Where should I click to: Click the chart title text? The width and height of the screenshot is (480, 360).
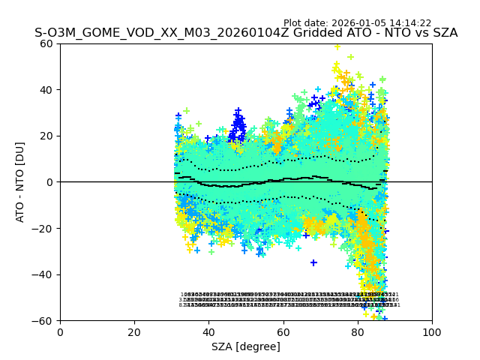pos(246,33)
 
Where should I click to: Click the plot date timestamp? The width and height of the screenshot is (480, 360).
pos(367,23)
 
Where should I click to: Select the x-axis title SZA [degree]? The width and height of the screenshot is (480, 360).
pos(246,346)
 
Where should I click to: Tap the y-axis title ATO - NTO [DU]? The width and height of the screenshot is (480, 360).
pos(20,182)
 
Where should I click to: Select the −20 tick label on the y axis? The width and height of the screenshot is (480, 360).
pos(45,228)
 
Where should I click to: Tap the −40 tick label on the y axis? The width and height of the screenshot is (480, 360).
pos(45,274)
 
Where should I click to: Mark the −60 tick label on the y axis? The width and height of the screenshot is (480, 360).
pos(45,320)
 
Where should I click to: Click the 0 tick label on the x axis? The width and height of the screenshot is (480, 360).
pos(60,331)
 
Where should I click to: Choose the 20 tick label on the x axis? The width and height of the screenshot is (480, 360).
pos(134,331)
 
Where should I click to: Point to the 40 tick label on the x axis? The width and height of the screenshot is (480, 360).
pos(208,331)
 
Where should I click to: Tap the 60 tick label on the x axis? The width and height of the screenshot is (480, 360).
pos(283,331)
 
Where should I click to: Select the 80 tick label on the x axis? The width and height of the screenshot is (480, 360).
pos(358,331)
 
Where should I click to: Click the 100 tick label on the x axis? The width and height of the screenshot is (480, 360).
pos(432,331)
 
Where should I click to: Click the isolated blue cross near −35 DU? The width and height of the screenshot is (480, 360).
pos(313,262)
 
